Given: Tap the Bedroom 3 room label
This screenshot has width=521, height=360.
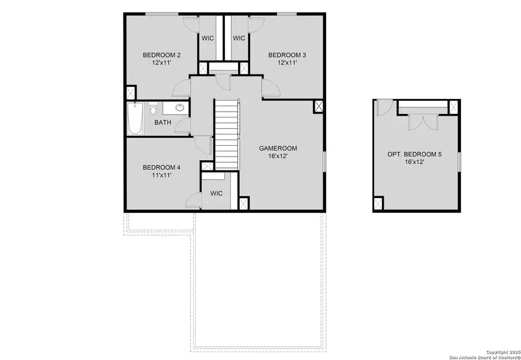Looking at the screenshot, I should pyautogui.click(x=286, y=55).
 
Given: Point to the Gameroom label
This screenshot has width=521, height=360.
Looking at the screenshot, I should pyautogui.click(x=278, y=148).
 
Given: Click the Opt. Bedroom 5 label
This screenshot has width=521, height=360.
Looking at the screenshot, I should pyautogui.click(x=414, y=154).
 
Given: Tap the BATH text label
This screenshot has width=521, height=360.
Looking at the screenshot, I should pyautogui.click(x=162, y=122).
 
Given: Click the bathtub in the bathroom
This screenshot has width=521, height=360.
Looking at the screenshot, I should pyautogui.click(x=135, y=119).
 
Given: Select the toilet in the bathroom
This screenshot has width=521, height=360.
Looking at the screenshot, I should pyautogui.click(x=153, y=110).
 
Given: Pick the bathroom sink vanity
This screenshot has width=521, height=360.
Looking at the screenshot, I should pyautogui.click(x=178, y=109).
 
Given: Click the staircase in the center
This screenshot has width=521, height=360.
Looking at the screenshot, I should pyautogui.click(x=227, y=135).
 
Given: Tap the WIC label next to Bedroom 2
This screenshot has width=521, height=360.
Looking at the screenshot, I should pyautogui.click(x=208, y=38).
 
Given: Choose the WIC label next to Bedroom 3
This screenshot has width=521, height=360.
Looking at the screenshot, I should pyautogui.click(x=239, y=38).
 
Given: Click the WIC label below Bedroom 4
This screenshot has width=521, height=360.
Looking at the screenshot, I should pyautogui.click(x=216, y=193).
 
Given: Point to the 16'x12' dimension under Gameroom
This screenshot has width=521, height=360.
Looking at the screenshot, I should pyautogui.click(x=278, y=156).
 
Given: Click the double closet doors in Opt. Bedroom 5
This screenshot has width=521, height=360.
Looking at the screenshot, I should pyautogui.click(x=418, y=121).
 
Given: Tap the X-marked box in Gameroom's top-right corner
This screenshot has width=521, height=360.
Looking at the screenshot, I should pyautogui.click(x=318, y=107).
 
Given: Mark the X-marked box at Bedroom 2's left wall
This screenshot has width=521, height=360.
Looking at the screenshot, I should pyautogui.click(x=131, y=94).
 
